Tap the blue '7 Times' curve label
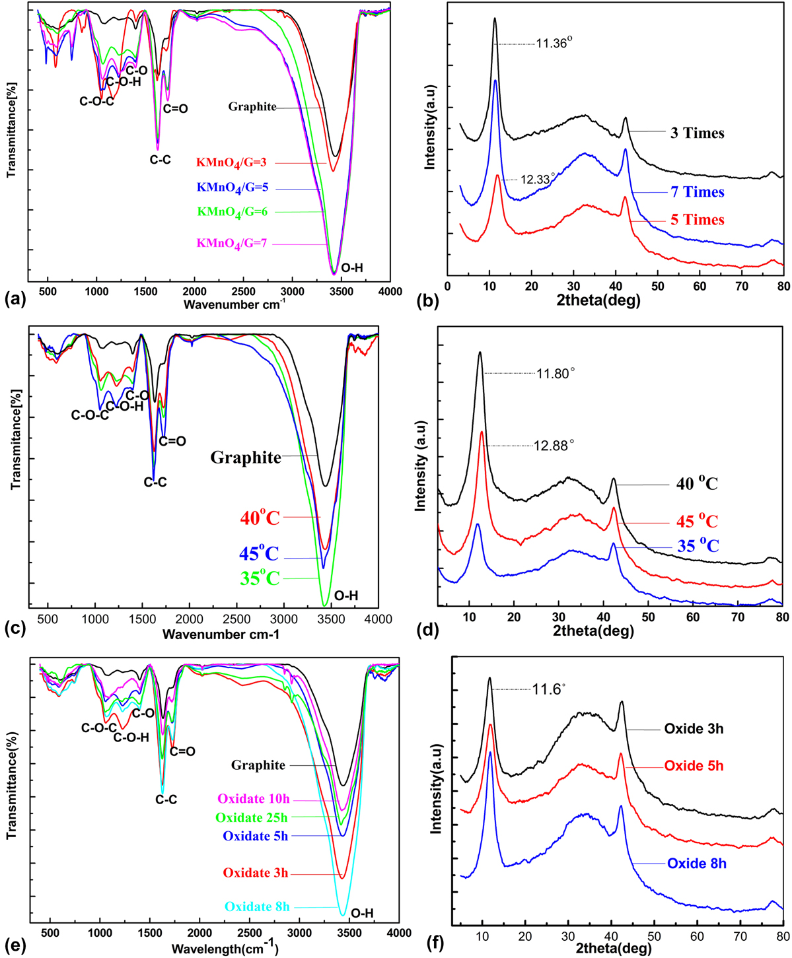[x=697, y=193]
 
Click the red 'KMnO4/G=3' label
[x=233, y=162]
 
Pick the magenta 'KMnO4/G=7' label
[x=231, y=244]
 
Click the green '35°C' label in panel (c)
[x=260, y=579]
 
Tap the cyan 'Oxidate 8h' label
[x=257, y=907]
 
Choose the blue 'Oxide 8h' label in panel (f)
[x=696, y=863]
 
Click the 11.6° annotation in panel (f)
[x=550, y=690]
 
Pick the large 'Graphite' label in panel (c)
[x=246, y=457]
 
